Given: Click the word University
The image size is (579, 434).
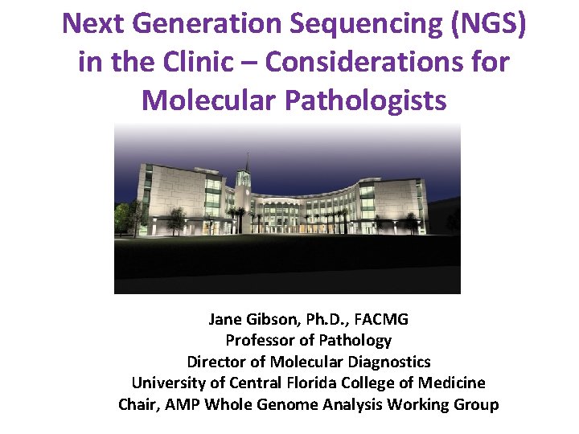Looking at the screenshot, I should (x=167, y=383).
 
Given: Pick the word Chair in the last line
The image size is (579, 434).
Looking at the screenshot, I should (x=137, y=404).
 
